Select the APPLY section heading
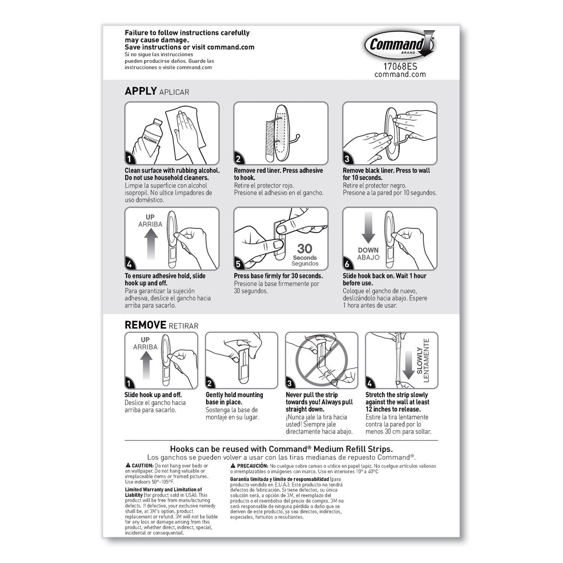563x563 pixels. tap(141, 91)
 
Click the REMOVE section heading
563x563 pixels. tap(145, 325)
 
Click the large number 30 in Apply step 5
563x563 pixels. tap(304, 248)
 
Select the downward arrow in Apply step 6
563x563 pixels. tap(368, 227)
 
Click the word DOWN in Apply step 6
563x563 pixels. tap(368, 250)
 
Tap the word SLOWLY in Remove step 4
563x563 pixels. tap(420, 361)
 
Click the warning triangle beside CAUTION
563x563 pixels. tap(128, 465)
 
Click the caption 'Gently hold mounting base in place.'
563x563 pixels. tap(234, 398)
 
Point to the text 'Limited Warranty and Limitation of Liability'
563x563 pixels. tap(163, 492)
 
